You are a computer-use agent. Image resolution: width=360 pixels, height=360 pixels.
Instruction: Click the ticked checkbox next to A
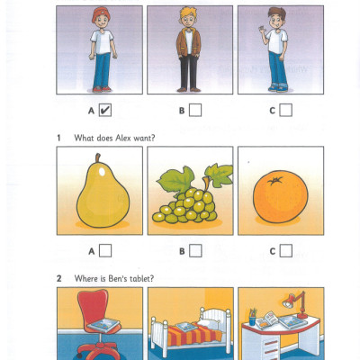pos(105,110)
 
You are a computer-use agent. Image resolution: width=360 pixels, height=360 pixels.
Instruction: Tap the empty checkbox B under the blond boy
pos(195,110)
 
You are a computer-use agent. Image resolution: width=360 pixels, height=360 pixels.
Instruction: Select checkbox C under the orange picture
pos(286,251)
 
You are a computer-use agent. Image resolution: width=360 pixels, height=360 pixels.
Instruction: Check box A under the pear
pos(105,251)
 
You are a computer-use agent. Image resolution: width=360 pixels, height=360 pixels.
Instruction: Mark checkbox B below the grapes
pos(195,251)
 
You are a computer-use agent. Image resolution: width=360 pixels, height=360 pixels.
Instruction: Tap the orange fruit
pos(281,197)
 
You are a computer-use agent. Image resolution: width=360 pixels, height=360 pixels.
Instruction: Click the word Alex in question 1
pos(123,138)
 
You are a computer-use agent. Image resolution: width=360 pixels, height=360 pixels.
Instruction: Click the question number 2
pos(59,279)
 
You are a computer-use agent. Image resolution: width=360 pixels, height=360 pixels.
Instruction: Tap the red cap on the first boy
pos(101,14)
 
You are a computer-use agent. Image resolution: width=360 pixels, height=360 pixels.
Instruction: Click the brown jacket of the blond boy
pos(188,42)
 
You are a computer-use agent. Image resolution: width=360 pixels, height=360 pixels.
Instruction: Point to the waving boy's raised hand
pos(263,30)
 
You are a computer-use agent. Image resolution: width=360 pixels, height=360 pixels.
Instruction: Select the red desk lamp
pos(294,304)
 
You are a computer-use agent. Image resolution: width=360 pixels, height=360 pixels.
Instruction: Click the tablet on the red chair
pos(103,325)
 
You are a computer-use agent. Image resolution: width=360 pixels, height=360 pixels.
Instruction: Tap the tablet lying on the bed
pos(186,327)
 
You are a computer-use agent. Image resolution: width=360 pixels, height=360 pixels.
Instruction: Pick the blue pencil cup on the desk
pos(252,320)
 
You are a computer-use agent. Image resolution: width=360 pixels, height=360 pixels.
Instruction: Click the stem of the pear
pos(98,158)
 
